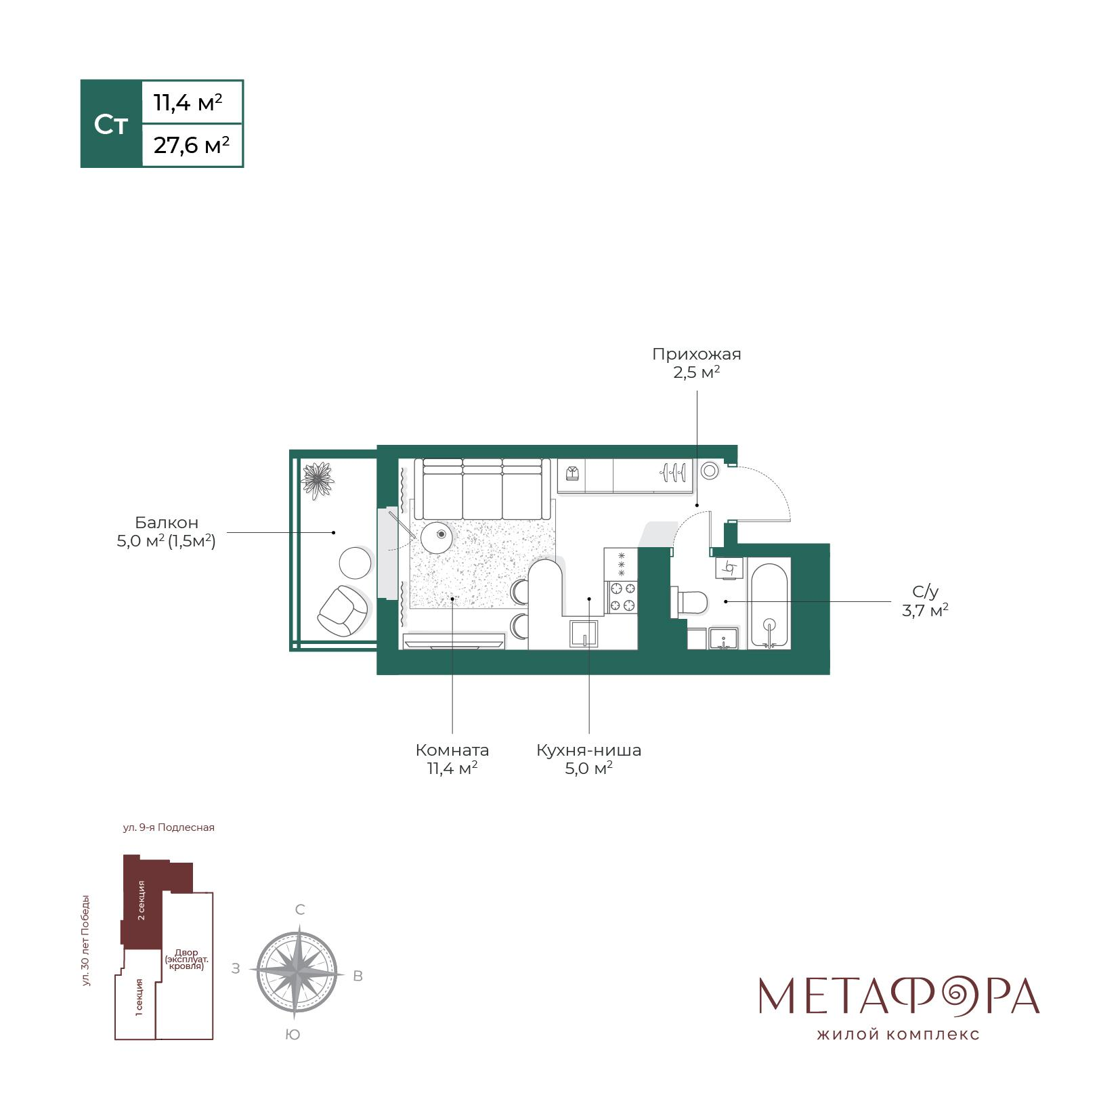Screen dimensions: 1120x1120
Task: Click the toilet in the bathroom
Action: [x=689, y=601]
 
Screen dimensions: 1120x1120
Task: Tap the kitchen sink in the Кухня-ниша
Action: [x=584, y=634]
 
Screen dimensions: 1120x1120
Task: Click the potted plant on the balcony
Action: [x=318, y=479]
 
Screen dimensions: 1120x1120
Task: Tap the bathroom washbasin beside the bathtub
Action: [x=724, y=639]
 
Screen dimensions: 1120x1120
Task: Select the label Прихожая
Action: [x=696, y=354]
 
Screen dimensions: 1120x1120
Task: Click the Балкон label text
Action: [x=167, y=523]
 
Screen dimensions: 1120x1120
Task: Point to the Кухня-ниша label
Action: [x=588, y=750]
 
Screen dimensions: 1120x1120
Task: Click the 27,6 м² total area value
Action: [x=192, y=145]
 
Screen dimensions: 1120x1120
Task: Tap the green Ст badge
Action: [x=111, y=124]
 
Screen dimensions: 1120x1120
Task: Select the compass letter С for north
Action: [x=300, y=909]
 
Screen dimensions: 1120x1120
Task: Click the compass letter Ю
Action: [x=293, y=1035]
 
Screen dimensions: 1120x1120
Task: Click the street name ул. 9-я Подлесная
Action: [x=169, y=827]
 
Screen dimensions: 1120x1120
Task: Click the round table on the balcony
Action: [x=355, y=563]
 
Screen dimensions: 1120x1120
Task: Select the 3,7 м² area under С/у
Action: [x=924, y=611]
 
